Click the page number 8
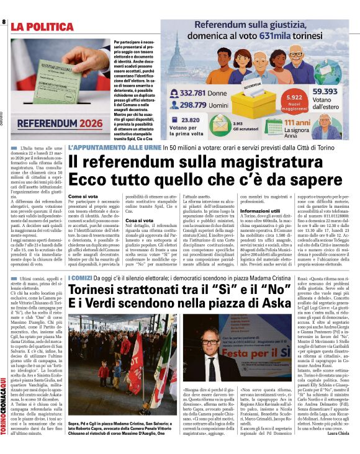tap(4, 22)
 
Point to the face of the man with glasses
tap(212, 348)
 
